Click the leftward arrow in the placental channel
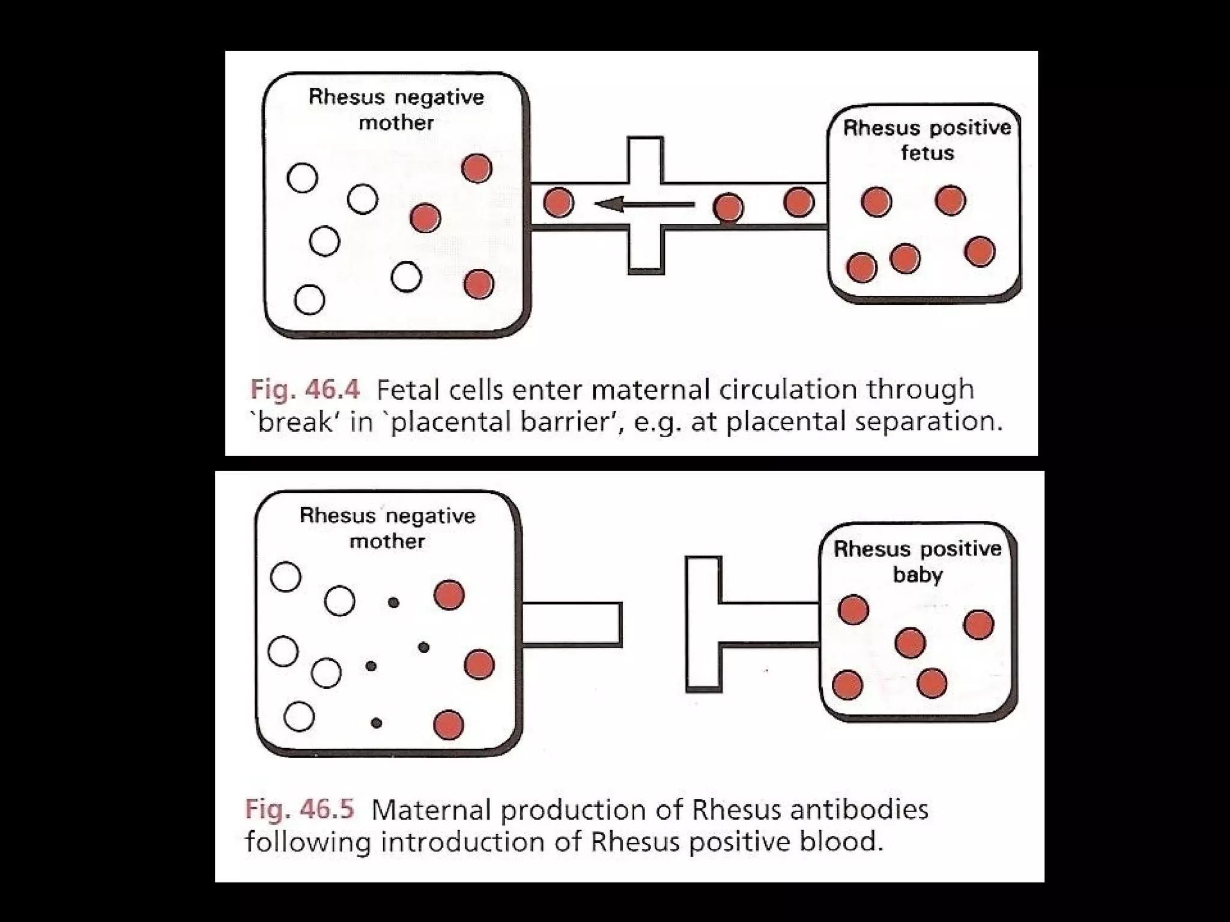[643, 205]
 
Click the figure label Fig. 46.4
[304, 390]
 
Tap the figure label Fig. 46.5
[299, 810]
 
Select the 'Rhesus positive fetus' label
[927, 140]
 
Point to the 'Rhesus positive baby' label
[918, 562]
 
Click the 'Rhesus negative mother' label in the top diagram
[396, 110]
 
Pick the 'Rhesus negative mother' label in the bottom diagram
[387, 528]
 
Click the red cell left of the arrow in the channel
[559, 202]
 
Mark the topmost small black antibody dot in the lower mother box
[393, 602]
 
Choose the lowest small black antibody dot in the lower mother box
[377, 723]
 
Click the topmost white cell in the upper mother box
[302, 178]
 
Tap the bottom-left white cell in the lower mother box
[299, 716]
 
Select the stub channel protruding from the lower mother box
[571, 624]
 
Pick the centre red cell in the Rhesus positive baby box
[910, 643]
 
